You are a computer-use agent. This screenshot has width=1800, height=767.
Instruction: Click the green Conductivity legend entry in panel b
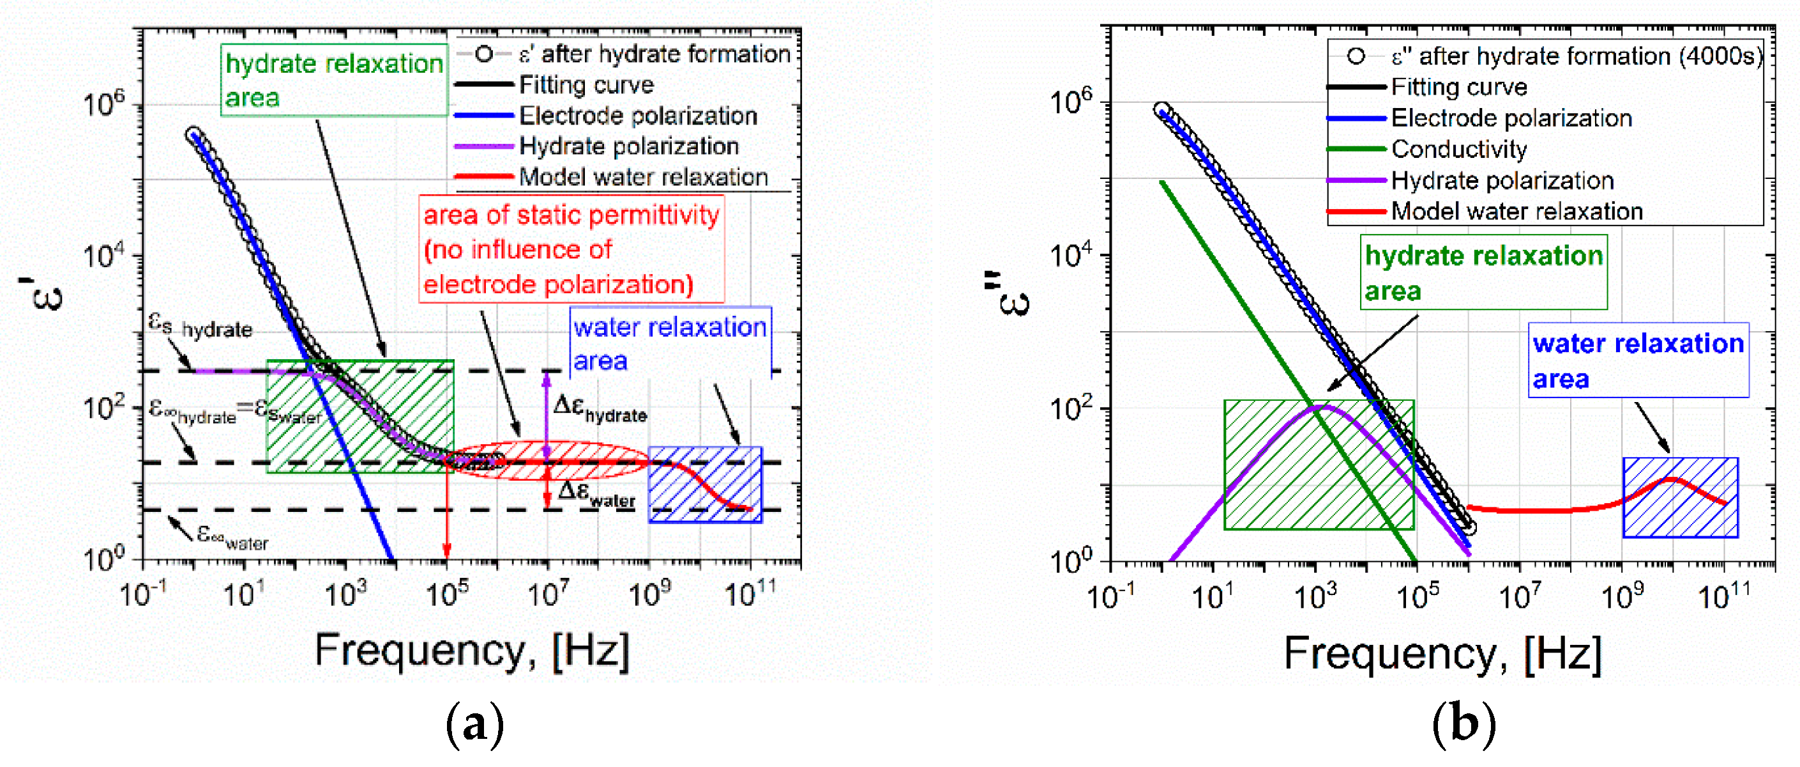(x=1458, y=149)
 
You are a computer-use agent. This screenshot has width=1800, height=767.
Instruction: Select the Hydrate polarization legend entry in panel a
(x=628, y=146)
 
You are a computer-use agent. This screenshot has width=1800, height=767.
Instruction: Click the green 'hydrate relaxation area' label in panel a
(x=333, y=80)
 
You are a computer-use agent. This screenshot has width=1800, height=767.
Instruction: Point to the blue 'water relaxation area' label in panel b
(x=1637, y=360)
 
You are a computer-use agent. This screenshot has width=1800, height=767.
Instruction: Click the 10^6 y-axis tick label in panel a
(x=103, y=104)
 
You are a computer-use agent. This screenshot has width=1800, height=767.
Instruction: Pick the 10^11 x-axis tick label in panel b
(x=1724, y=596)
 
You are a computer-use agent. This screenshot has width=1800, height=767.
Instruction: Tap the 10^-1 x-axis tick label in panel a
(x=142, y=595)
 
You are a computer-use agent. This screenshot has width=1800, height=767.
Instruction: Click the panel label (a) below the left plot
(x=474, y=724)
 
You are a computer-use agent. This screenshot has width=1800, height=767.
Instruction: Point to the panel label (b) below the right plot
(x=1463, y=724)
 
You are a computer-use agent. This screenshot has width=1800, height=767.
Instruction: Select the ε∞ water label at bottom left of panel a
(x=231, y=537)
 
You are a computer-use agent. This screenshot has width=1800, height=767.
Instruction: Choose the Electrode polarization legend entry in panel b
(x=1511, y=118)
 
